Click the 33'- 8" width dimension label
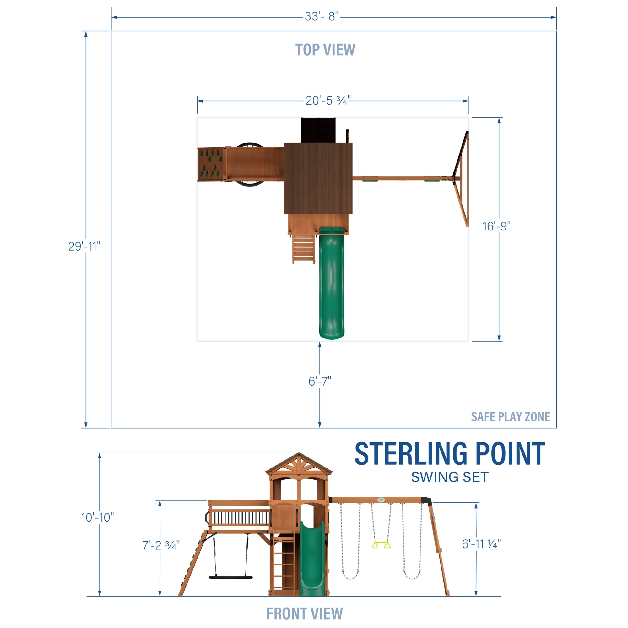click(322, 17)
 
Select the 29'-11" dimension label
click(84, 246)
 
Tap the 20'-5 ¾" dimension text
click(328, 101)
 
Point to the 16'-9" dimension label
click(496, 226)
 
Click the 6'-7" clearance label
click(320, 381)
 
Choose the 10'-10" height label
click(98, 517)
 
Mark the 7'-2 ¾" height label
click(161, 545)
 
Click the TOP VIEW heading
click(325, 50)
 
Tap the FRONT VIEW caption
click(304, 614)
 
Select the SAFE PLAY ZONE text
click(510, 417)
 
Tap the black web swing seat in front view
click(230, 577)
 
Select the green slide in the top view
click(332, 283)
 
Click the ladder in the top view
click(304, 249)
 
